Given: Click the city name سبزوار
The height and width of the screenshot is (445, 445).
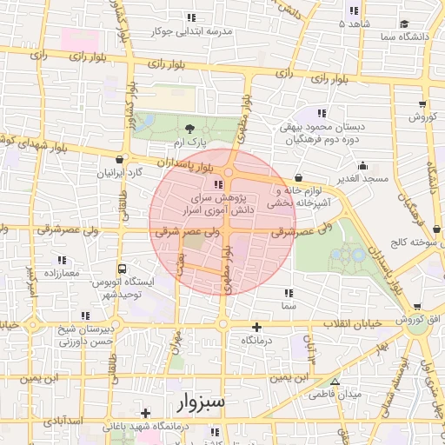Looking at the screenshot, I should (x=200, y=402).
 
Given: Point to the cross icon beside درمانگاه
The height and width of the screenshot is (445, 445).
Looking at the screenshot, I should (x=256, y=327).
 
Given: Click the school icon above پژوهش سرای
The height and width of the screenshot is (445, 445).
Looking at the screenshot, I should (x=217, y=184).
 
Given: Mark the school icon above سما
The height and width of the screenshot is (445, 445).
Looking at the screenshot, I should (x=289, y=292).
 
